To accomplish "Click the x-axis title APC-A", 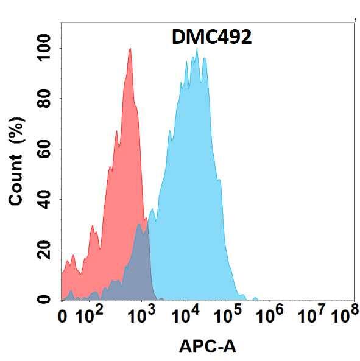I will click(208, 346).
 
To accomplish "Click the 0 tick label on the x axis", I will click(62, 317).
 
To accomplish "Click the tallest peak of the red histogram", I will click(130, 50).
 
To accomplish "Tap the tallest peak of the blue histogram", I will click(196, 51).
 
